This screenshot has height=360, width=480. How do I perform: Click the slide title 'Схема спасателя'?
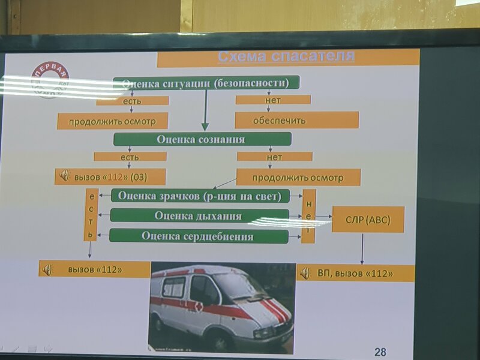286,58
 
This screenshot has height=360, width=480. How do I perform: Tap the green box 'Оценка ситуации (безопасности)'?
206,83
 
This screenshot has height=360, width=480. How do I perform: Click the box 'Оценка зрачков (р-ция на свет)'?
200,196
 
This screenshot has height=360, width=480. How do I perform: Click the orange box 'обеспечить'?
296,120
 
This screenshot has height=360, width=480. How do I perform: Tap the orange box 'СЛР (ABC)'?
368,220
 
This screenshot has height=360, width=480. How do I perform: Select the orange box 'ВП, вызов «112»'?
355,274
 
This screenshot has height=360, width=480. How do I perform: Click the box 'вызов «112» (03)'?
110,177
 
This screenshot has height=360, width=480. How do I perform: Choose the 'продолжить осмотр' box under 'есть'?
112,121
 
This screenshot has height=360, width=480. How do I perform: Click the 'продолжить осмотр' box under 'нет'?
298,178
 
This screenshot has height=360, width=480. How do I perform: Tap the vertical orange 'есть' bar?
91,215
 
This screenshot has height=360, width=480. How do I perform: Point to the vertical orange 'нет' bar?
308,216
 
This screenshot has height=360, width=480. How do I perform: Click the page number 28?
380,351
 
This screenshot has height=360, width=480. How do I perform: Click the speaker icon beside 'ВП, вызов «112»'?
305,274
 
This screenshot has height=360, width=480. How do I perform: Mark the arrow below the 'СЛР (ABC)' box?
362,248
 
